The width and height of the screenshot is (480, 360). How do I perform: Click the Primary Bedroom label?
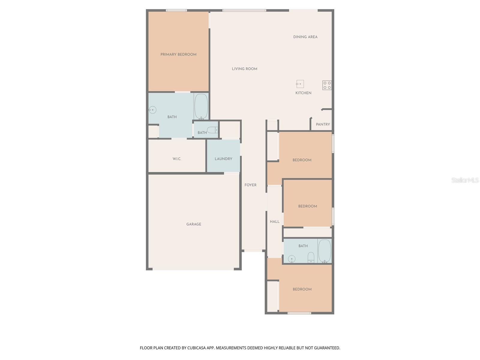tap(178, 55)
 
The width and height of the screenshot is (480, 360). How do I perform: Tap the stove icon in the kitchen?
tap(327, 85)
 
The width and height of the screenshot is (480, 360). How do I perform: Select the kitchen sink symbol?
tap(300, 84)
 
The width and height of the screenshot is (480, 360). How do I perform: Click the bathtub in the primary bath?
tap(201, 106)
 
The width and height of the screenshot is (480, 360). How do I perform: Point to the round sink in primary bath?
tap(152, 110)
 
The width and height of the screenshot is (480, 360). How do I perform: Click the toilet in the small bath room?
tap(213, 130)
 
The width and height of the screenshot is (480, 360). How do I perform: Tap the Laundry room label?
tap(223, 159)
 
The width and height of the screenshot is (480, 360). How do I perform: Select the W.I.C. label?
tap(177, 159)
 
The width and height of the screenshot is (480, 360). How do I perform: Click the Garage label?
tap(193, 224)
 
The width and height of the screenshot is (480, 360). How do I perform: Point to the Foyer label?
tap(250, 185)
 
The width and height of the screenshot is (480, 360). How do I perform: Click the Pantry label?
tap(323, 124)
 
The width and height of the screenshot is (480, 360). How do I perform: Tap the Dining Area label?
tap(305, 37)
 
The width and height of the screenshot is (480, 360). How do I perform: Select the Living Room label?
tap(244, 69)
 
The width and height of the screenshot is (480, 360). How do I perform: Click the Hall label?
tap(274, 222)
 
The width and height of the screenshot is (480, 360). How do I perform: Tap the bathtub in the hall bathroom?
tap(325, 251)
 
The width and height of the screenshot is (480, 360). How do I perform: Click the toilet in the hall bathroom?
tap(311, 257)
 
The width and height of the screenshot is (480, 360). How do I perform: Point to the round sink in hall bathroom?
tap(292, 259)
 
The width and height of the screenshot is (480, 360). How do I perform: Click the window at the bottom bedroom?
tap(299, 313)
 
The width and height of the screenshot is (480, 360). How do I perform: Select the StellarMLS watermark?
tap(465, 180)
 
